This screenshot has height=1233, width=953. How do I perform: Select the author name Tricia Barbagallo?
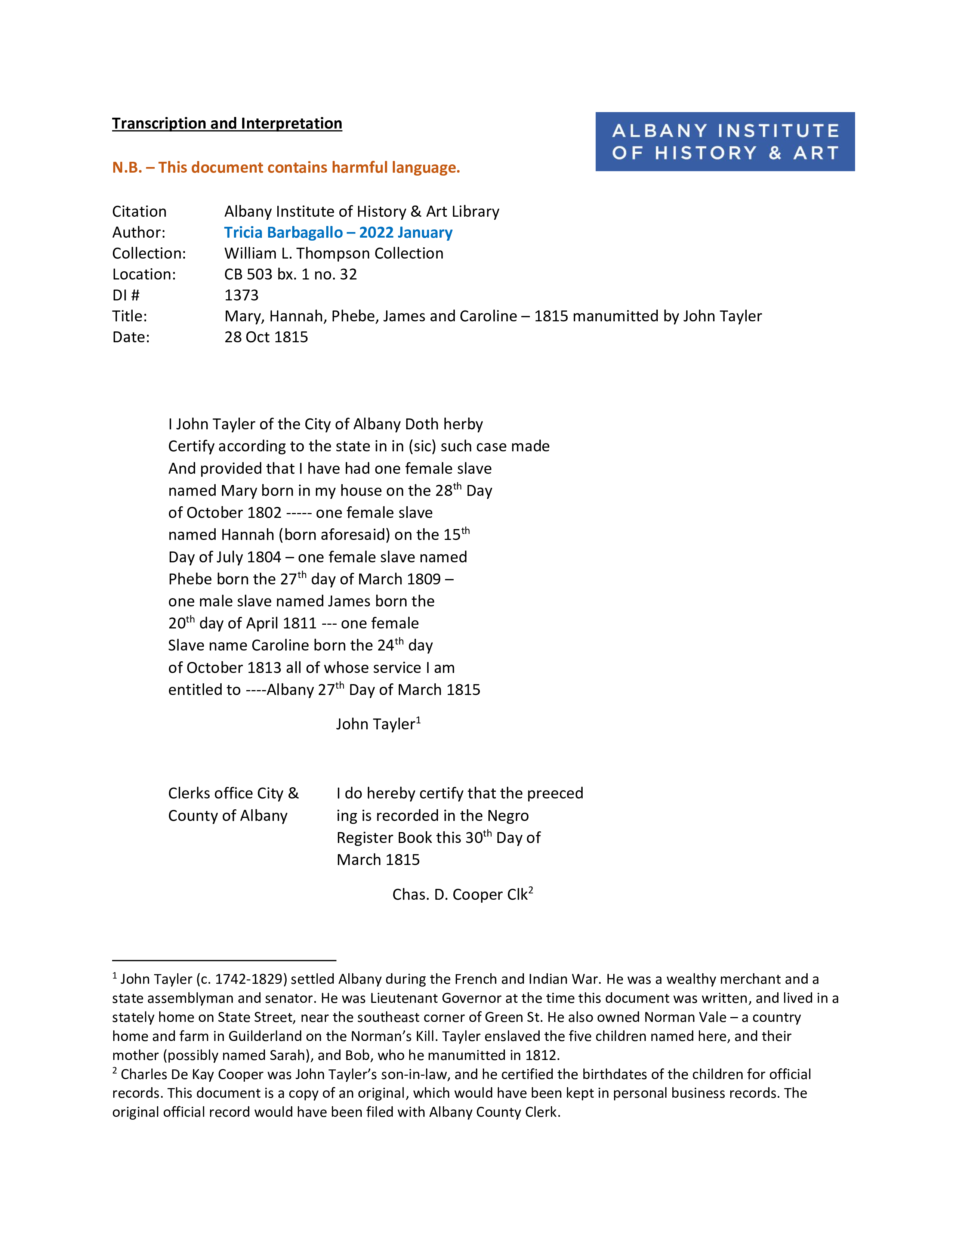coord(283,233)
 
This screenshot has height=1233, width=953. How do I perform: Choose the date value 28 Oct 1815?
coord(266,337)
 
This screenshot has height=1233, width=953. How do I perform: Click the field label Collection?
coord(148,253)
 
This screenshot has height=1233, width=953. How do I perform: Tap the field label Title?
coord(129,316)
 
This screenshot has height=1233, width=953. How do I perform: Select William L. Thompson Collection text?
coord(334,253)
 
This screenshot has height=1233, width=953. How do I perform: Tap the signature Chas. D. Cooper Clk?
coord(462,894)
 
